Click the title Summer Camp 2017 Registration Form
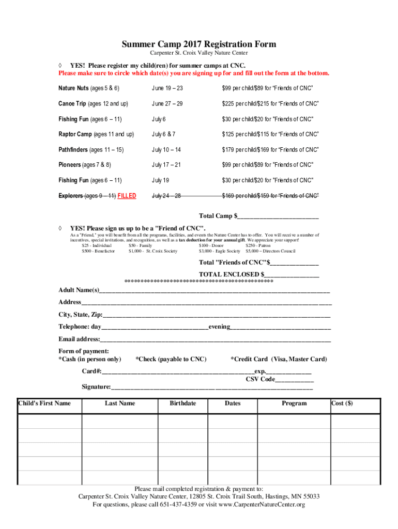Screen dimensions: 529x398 (x=199, y=44)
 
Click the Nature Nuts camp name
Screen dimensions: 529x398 (x=74, y=88)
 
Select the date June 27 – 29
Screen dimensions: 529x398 (x=167, y=104)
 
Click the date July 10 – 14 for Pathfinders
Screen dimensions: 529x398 (x=167, y=150)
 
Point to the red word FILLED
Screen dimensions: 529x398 (x=127, y=196)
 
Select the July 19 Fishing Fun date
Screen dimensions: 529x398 (x=160, y=180)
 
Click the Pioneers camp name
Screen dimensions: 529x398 (x=70, y=165)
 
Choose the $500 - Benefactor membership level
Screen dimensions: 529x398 (x=98, y=251)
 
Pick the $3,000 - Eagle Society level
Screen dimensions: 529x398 (x=220, y=251)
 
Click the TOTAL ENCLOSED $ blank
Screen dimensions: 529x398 (x=292, y=274)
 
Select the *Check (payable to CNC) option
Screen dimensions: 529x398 (x=171, y=359)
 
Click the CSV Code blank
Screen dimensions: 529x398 (x=294, y=379)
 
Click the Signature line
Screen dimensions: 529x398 (x=212, y=387)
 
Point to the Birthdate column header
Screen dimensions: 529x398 (x=183, y=403)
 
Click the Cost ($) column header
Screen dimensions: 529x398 (x=342, y=403)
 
